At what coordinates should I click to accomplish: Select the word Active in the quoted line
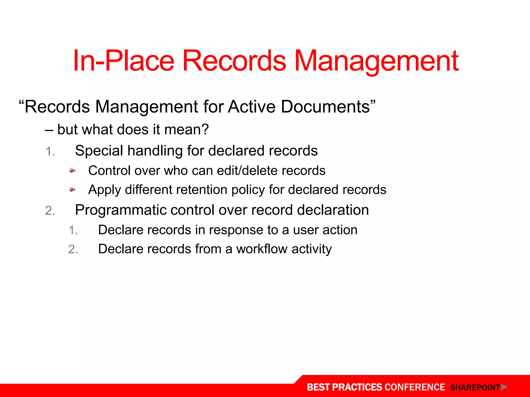252,106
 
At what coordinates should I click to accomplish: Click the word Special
99,151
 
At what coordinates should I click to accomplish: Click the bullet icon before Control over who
72,171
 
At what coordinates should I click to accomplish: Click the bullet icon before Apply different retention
72,190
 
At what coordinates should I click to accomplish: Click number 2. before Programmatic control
50,211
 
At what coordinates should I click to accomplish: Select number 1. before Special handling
50,151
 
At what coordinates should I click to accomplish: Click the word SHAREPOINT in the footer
475,388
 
